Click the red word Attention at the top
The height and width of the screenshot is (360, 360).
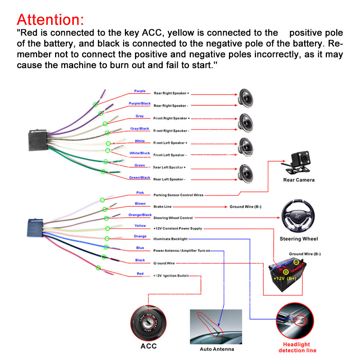(50, 19)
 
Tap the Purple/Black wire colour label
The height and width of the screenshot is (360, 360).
(140, 104)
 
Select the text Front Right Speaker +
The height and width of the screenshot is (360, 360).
(171, 118)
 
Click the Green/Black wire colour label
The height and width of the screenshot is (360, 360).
(140, 177)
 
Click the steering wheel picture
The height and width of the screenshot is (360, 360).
(298, 216)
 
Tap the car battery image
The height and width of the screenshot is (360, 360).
(287, 275)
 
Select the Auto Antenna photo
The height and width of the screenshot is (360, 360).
(216, 327)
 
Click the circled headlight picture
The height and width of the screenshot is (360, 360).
(295, 321)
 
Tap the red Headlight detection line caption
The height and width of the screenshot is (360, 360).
(297, 347)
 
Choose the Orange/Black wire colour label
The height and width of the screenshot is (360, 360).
(140, 215)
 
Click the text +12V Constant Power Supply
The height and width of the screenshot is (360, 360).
(178, 229)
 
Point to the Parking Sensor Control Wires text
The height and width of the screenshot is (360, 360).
(179, 195)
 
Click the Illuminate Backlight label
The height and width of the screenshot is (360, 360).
(170, 239)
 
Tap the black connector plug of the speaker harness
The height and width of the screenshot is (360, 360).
(37, 140)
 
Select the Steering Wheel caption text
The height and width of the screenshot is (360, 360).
(299, 239)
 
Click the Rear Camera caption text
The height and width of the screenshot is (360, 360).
(299, 180)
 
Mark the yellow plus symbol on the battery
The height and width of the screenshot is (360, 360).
(286, 272)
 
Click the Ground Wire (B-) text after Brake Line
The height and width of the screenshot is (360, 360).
(246, 207)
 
